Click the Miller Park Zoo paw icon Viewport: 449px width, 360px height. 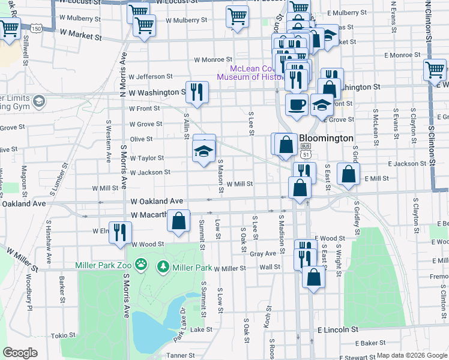pyautogui.click(x=140, y=264)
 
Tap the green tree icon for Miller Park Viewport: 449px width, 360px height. pyautogui.click(x=163, y=266)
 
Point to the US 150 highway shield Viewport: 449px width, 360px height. pyautogui.click(x=37, y=28)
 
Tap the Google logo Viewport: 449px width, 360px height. pyautogui.click(x=19, y=353)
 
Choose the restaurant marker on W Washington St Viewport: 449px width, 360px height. pyautogui.click(x=196, y=92)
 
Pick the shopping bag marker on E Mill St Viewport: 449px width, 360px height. pyautogui.click(x=348, y=174)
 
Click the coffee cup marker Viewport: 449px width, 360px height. pyautogui.click(x=297, y=104)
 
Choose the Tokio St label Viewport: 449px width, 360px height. pyautogui.click(x=61, y=335)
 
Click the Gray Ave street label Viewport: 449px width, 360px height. pyautogui.click(x=262, y=254)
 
